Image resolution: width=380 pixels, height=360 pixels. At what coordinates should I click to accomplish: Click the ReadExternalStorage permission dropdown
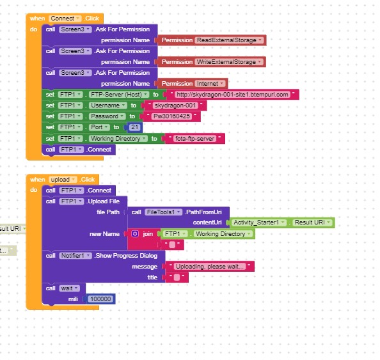point(229,40)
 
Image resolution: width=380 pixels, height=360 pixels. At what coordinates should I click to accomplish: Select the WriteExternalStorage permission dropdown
point(229,62)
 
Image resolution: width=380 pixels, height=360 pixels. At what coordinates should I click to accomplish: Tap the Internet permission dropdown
point(210,84)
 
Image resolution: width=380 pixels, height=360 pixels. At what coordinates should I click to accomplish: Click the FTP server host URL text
point(232,95)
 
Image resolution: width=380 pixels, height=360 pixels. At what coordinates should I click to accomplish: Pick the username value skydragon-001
point(175,106)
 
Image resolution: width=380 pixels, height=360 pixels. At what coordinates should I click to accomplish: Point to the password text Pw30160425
point(172,116)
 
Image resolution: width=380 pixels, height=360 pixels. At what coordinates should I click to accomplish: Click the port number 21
point(134,127)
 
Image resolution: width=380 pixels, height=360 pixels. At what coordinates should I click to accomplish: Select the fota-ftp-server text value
point(194,139)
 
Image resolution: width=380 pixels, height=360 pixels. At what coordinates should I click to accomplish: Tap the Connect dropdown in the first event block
point(65,19)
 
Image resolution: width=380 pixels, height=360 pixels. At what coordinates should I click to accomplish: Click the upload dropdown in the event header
point(63,180)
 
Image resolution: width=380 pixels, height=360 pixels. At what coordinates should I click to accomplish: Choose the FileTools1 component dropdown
point(163,212)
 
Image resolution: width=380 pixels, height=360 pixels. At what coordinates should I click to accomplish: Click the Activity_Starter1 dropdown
point(258,223)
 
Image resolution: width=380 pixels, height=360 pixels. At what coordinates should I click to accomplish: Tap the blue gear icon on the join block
point(135,234)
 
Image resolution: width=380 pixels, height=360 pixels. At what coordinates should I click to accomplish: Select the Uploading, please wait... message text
point(210,267)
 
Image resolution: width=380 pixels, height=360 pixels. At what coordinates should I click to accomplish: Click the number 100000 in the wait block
point(100,299)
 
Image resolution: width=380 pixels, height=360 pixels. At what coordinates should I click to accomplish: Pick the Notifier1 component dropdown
point(75,256)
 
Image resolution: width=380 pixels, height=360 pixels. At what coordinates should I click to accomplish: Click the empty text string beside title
point(177,278)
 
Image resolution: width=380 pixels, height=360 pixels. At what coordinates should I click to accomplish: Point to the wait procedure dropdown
point(69,288)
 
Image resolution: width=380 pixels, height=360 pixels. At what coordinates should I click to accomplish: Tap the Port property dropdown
point(99,127)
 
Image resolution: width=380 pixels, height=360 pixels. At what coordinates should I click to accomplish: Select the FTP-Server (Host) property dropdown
point(119,95)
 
